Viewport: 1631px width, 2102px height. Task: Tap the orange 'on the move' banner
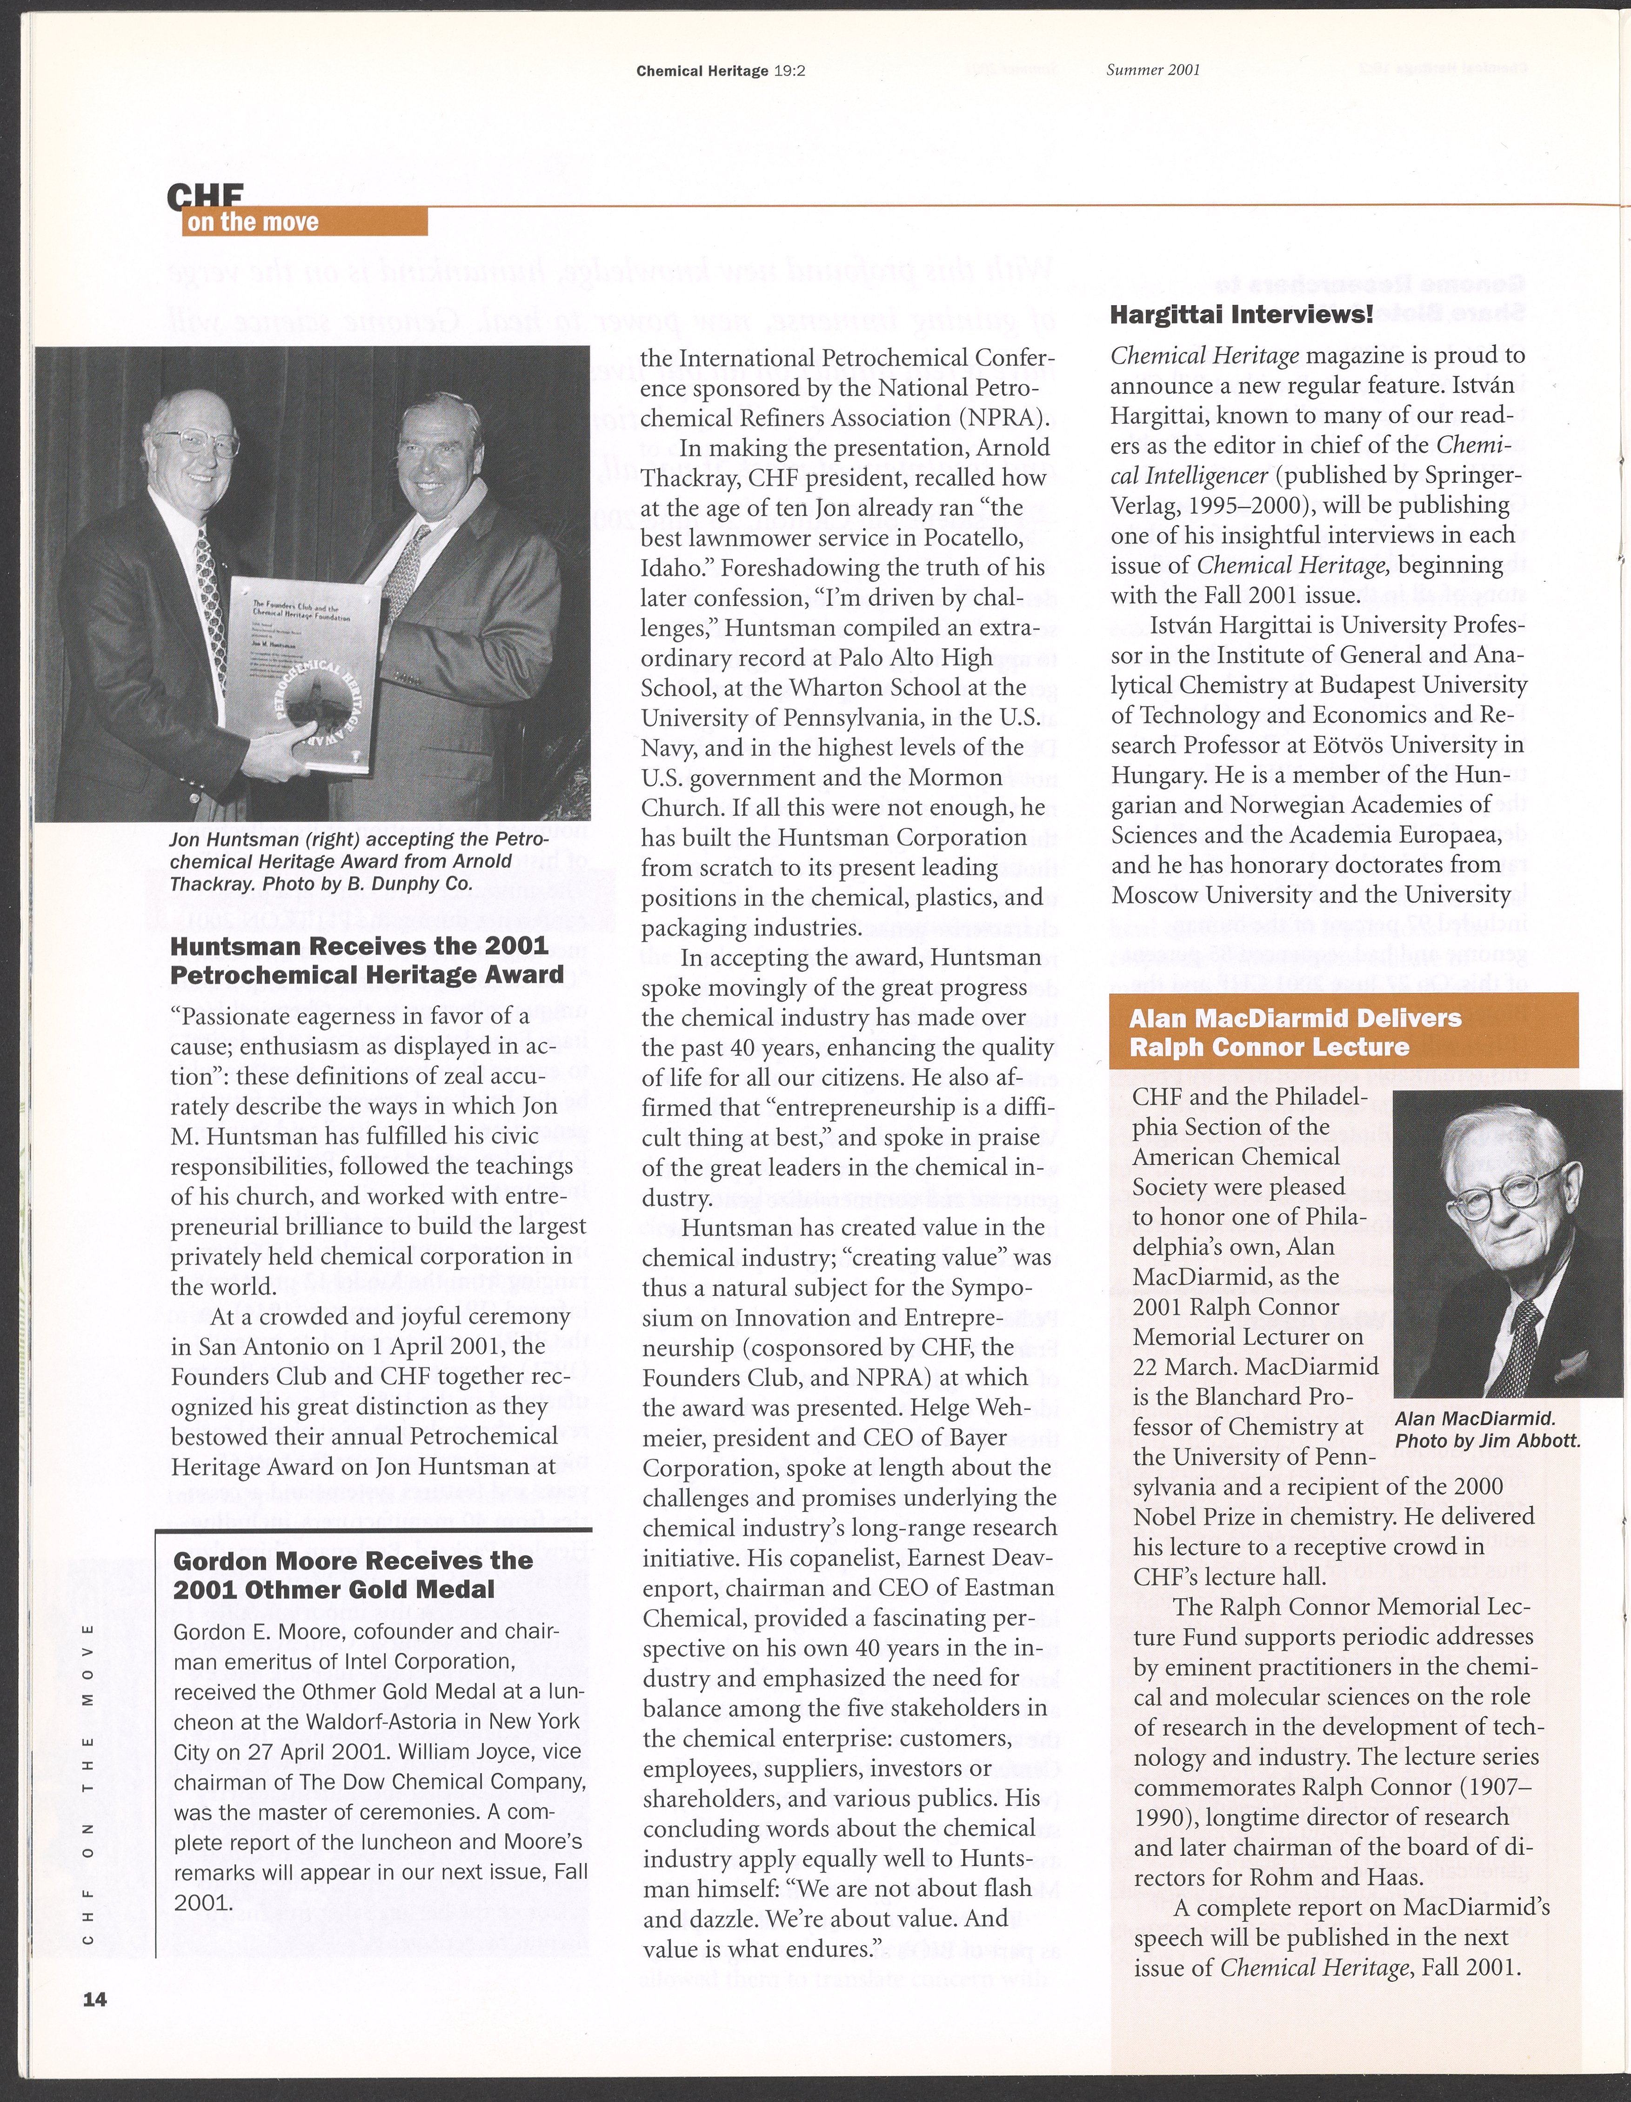click(x=304, y=222)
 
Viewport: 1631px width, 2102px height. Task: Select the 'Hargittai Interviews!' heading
click(x=1241, y=315)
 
